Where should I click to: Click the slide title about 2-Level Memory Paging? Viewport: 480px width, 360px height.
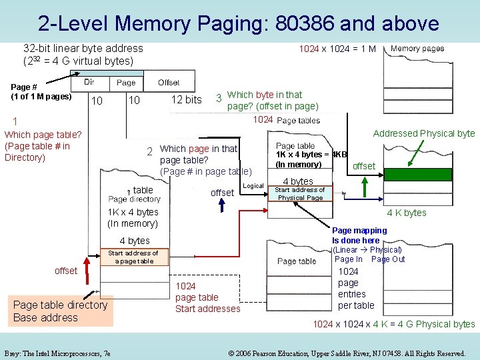[239, 23]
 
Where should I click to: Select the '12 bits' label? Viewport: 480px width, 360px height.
[186, 100]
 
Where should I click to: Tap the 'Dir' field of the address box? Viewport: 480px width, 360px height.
[89, 82]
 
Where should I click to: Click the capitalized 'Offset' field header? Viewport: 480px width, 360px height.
[169, 82]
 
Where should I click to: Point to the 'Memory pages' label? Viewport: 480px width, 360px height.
[417, 49]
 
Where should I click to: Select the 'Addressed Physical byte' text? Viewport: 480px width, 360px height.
[423, 133]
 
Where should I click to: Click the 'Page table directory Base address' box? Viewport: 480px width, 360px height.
[60, 311]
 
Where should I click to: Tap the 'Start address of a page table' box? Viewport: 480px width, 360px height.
[133, 257]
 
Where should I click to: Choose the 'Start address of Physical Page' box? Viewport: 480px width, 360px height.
[300, 194]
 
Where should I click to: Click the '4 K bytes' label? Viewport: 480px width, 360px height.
[407, 213]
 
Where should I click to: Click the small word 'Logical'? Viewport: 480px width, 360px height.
[253, 185]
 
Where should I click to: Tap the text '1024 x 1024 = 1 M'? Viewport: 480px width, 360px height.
[337, 49]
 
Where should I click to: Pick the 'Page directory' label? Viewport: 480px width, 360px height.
[134, 199]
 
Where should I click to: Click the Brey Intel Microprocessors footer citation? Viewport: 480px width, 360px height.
[57, 353]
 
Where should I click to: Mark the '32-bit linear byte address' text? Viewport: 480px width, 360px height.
[83, 48]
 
